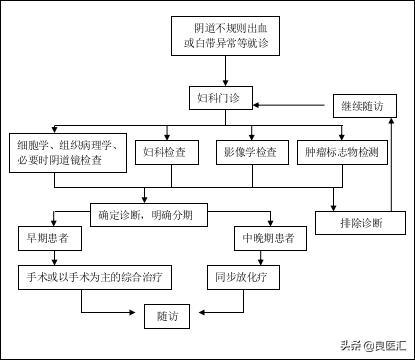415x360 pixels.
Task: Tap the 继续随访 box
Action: (366, 104)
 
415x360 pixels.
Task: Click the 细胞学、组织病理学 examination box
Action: (67, 152)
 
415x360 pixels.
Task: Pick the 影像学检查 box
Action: (246, 153)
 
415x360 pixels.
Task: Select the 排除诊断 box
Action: (365, 221)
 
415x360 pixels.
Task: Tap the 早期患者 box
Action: (48, 240)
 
